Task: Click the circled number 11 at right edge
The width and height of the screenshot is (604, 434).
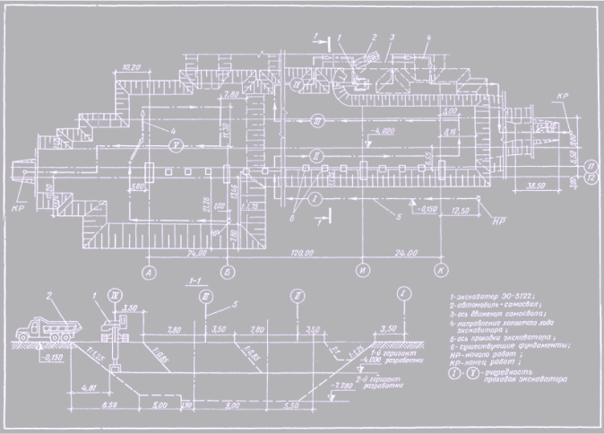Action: click(591, 167)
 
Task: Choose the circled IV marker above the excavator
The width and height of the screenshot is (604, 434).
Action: click(114, 293)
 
